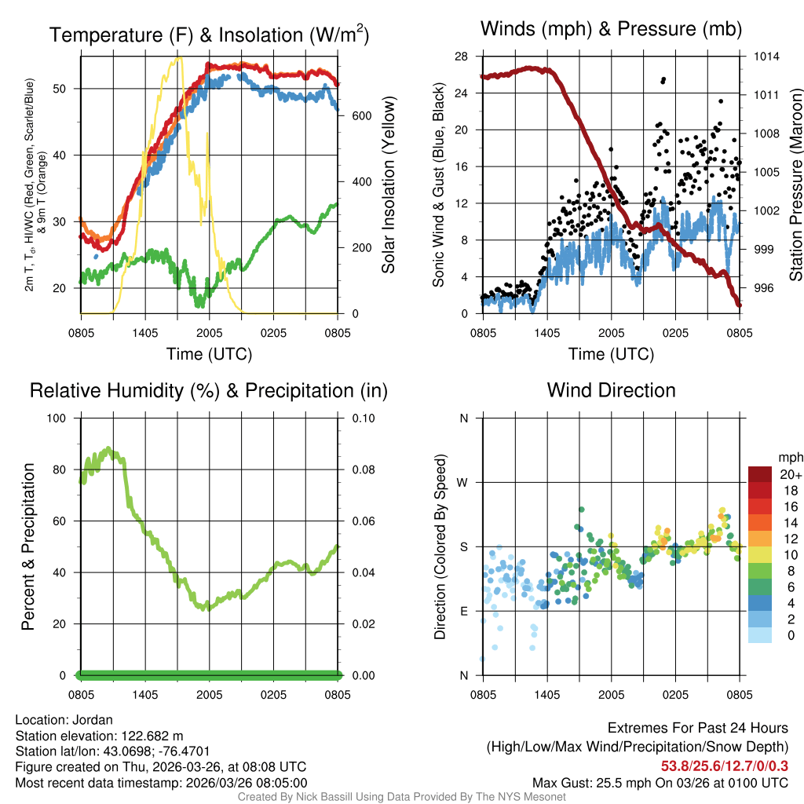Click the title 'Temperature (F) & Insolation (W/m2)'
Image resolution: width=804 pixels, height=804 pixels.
[209, 35]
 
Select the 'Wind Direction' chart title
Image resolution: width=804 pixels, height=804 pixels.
[611, 390]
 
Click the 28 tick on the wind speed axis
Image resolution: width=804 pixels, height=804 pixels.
[462, 57]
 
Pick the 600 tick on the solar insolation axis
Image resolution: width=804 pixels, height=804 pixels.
[361, 115]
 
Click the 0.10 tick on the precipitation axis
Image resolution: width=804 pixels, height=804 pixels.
[362, 418]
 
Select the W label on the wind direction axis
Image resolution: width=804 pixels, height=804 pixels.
[462, 482]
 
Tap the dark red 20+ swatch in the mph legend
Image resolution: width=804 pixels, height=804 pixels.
[760, 473]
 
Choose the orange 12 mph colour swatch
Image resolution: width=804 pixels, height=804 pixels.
[760, 539]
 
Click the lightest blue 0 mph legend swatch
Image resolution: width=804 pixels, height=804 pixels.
[760, 635]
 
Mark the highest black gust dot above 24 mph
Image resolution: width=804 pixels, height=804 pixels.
[663, 79]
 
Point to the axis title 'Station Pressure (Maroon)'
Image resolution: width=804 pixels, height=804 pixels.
[795, 185]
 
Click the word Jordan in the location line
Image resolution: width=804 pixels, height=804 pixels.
[93, 720]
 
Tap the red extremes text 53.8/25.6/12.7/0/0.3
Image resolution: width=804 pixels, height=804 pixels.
[725, 766]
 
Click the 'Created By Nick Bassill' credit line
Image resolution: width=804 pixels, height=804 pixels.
[401, 797]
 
